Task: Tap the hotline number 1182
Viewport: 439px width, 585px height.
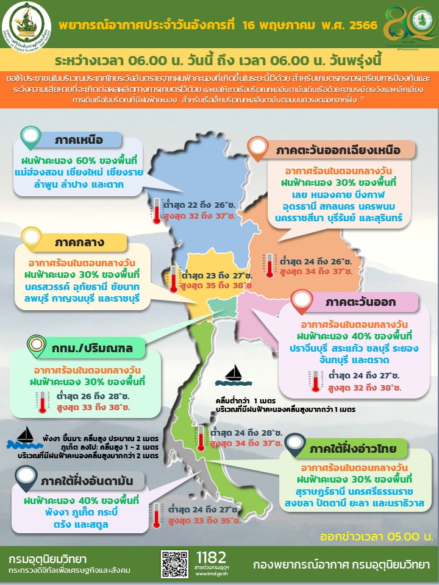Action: [212, 557]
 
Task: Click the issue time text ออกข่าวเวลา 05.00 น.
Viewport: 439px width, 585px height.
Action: [376, 536]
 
